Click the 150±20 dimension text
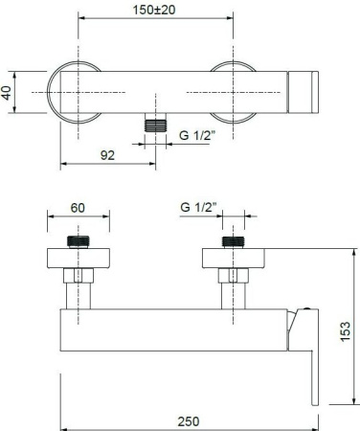pos(154,10)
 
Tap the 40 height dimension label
pos(7,93)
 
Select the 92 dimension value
pos(107,155)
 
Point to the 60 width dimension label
pos(78,208)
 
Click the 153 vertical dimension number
pos(346,331)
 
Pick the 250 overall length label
pos(189,421)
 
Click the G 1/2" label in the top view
pos(197,135)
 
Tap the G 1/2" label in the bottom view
pos(198,207)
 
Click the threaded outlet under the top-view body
pos(155,123)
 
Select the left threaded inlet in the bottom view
pos(79,242)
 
